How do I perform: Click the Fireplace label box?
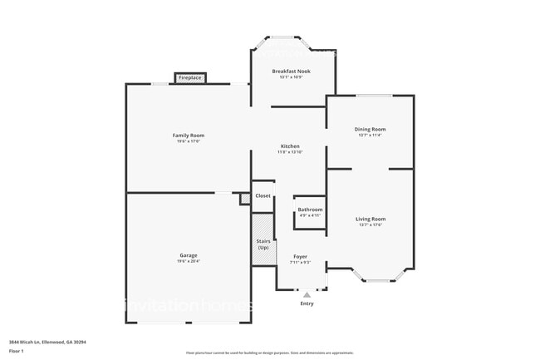(189, 78)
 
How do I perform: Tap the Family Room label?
(189, 136)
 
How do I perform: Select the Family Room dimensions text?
(189, 142)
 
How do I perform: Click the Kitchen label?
(289, 146)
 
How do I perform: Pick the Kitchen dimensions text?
(289, 153)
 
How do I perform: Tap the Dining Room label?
(371, 129)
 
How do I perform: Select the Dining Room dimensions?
(371, 136)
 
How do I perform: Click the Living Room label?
(371, 219)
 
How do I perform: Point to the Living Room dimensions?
(371, 225)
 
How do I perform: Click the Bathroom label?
(310, 210)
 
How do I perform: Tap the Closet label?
(263, 195)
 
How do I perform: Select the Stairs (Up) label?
(263, 244)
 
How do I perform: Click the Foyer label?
(300, 256)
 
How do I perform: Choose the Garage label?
(188, 255)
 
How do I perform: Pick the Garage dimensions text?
(188, 262)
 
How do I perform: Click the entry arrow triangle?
(307, 294)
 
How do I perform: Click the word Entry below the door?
(307, 303)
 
